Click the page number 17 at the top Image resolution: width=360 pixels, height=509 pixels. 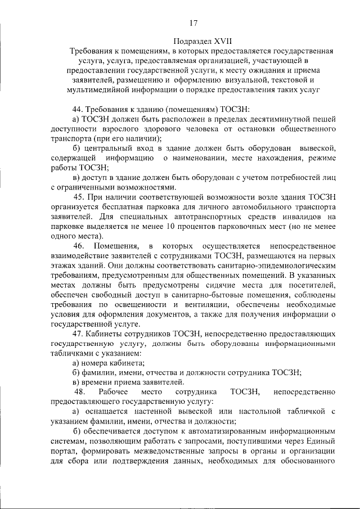[193, 23]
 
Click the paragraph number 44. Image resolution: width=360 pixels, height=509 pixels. [79, 107]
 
